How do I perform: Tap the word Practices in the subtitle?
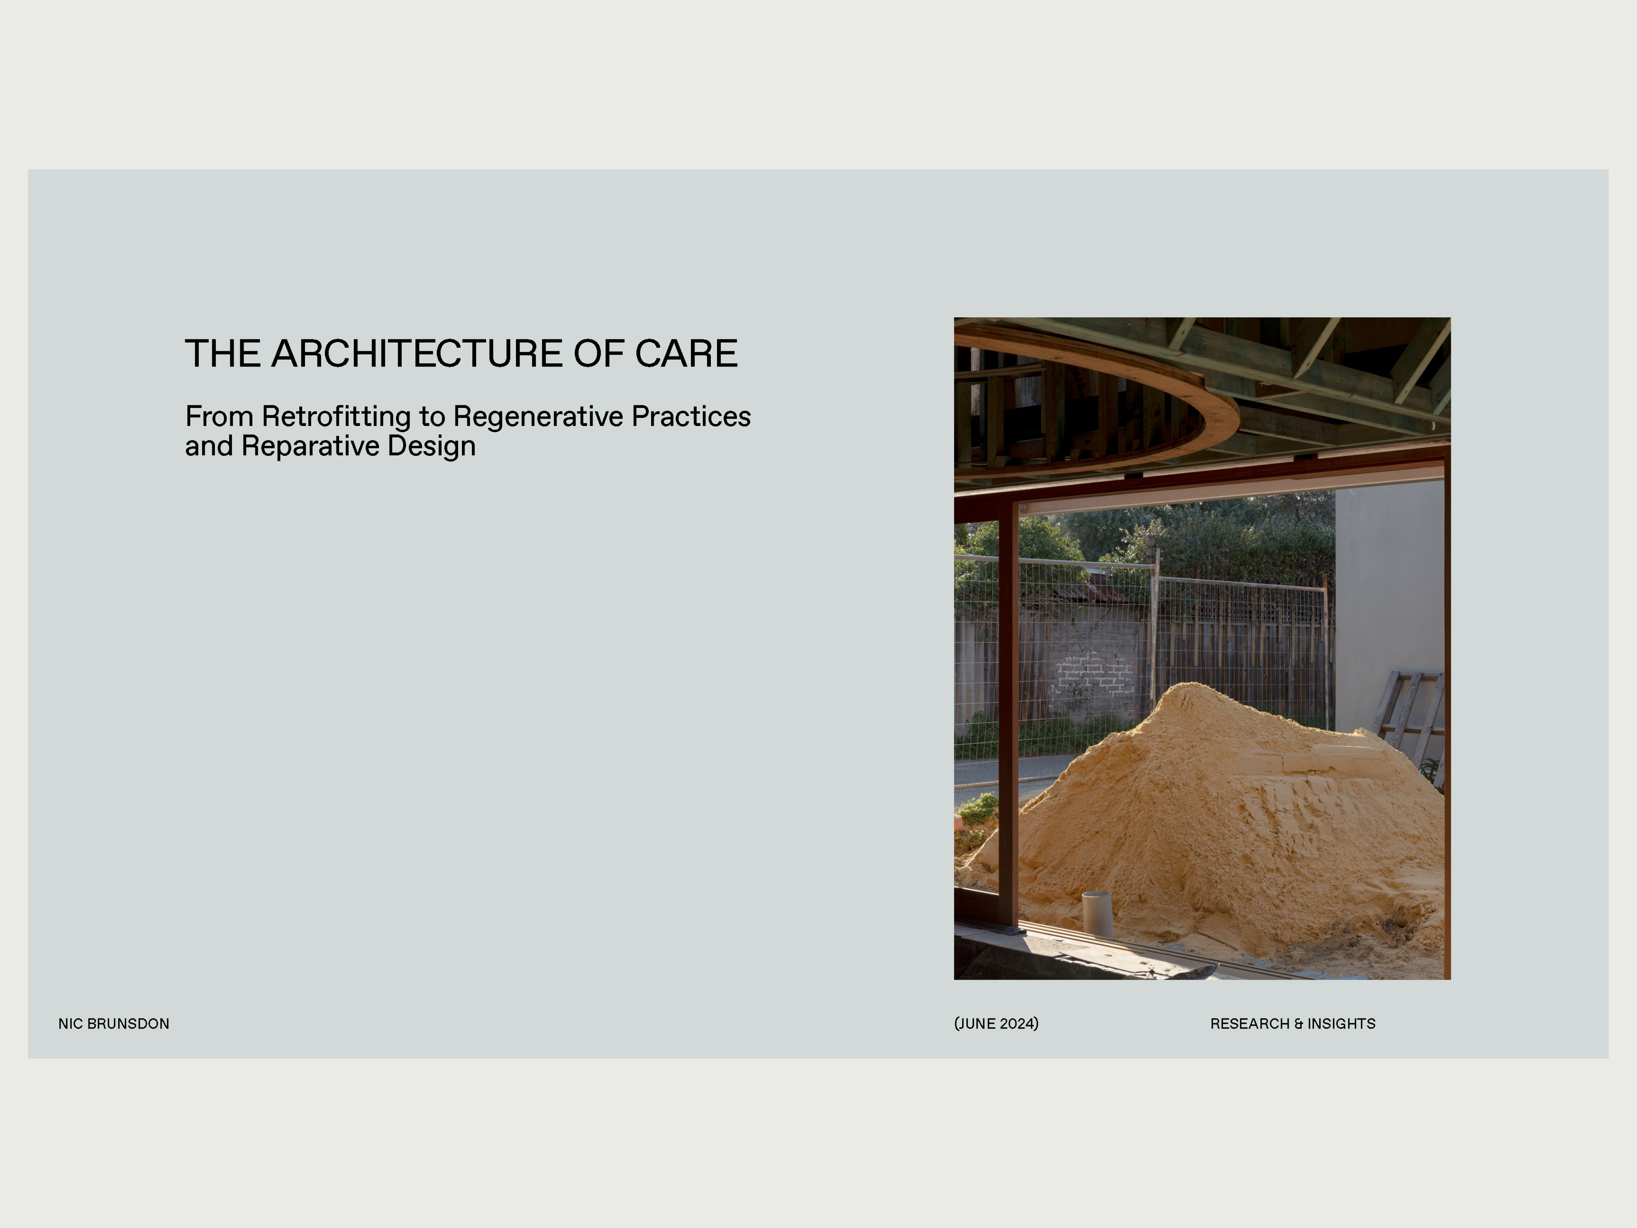(691, 417)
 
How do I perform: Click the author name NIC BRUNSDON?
(114, 1024)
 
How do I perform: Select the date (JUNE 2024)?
(996, 1024)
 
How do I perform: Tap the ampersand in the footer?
(1298, 1024)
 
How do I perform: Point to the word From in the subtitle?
(219, 417)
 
